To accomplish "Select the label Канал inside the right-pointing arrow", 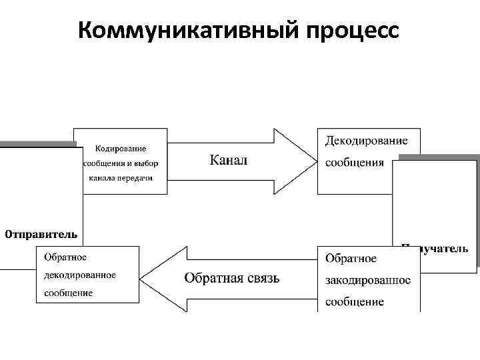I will point(228,160).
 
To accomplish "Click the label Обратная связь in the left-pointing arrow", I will point(231,278).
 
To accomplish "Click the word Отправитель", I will point(41,234).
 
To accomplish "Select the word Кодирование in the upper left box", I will point(121,148).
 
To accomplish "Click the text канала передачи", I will point(121,178).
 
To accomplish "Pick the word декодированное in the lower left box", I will point(80,275).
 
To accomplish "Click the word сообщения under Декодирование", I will point(355,163).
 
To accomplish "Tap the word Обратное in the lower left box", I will point(65,257).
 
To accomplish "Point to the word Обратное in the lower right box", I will point(351,259).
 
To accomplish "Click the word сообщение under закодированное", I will point(355,302).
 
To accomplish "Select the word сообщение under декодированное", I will point(69,293).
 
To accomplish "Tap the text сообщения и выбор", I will point(121,163).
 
